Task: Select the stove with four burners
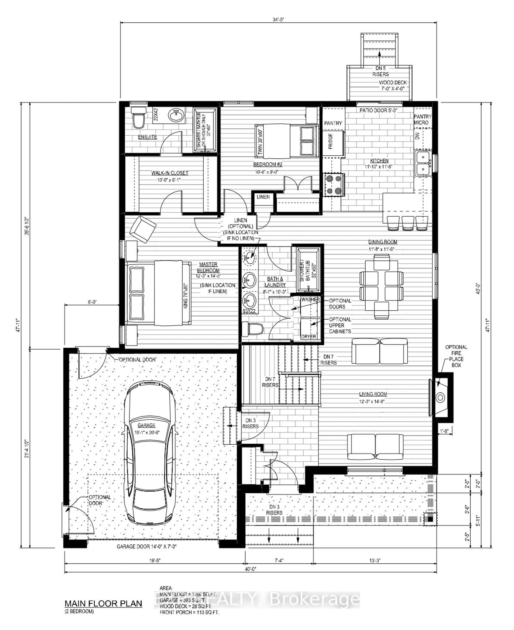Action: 334,185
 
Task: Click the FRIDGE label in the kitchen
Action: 330,141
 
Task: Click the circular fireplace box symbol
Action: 440,397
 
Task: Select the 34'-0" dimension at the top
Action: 278,20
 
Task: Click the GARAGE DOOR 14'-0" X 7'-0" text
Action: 147,546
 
